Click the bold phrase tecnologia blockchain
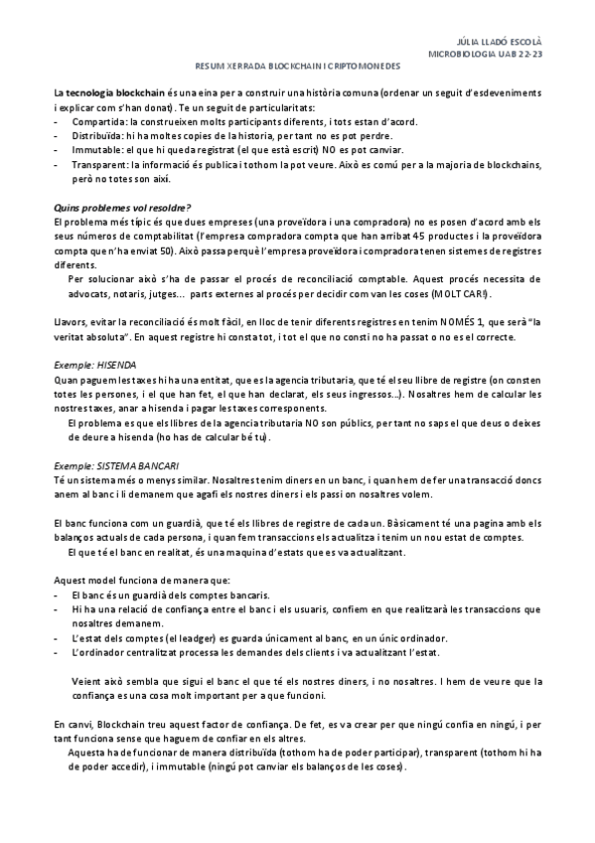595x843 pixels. coord(103,90)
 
